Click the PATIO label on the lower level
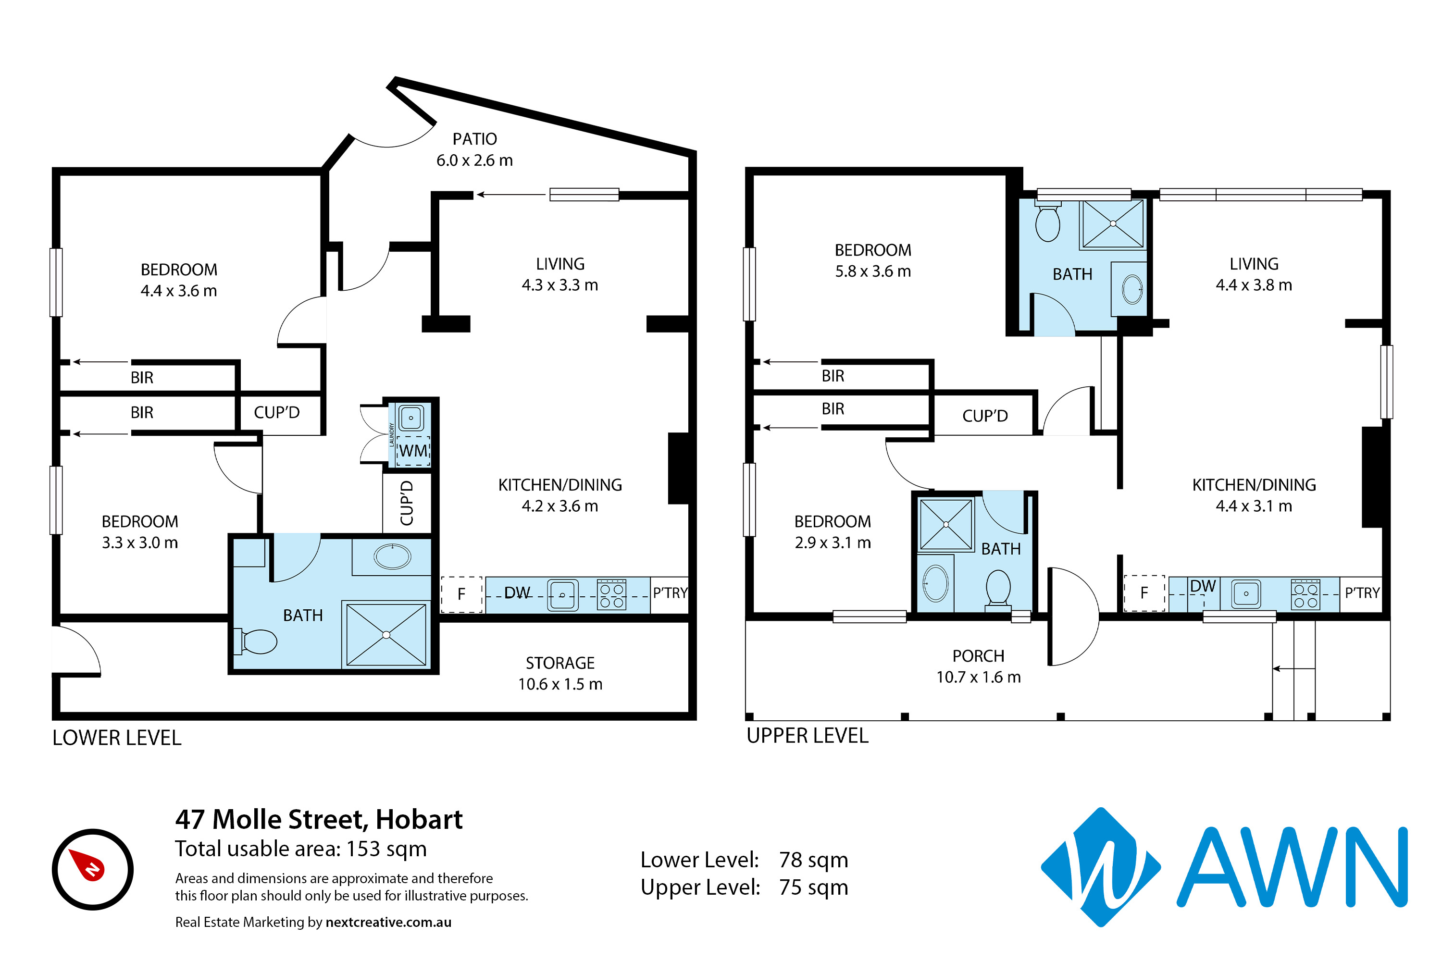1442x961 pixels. (x=474, y=139)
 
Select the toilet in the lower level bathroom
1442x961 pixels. (x=256, y=641)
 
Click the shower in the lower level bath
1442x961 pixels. (x=386, y=634)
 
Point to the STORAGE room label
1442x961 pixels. (x=560, y=663)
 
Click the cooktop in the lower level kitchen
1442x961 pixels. (x=611, y=594)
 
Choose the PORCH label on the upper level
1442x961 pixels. (x=979, y=656)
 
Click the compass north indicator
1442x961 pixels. (x=87, y=864)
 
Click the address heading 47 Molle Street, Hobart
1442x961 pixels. (x=319, y=819)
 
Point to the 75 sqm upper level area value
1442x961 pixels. (x=814, y=887)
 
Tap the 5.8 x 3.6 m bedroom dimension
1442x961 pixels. (x=873, y=271)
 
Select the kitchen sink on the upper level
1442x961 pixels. (x=1246, y=593)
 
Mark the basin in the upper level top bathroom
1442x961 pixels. (x=1132, y=289)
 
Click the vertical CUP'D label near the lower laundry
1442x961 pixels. (x=407, y=503)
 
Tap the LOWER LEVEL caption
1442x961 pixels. (x=116, y=738)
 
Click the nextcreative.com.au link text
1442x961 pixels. (x=389, y=923)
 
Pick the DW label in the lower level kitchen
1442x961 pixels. (x=517, y=592)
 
